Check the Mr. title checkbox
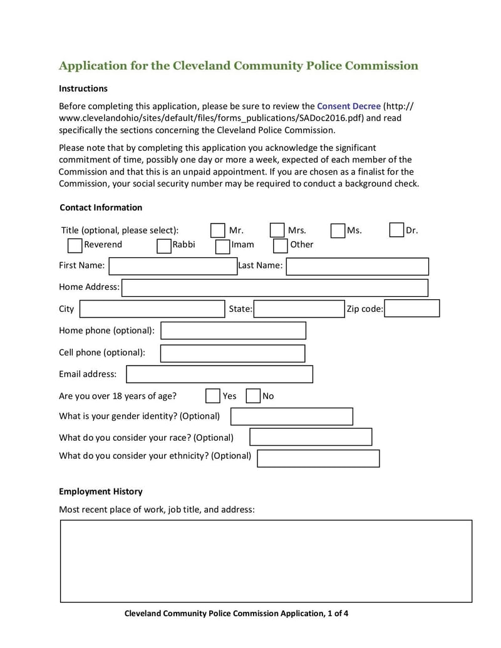pos(218,230)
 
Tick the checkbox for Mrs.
pos(277,230)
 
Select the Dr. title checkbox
pos(396,230)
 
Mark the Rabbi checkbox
pos(164,245)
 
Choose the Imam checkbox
pos(222,246)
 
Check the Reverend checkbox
pos(75,245)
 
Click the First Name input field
pos(173,266)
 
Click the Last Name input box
pos(357,266)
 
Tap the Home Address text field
pos(275,288)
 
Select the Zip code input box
pos(411,309)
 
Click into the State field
pos(299,309)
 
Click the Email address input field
pos(219,374)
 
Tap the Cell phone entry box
pos(232,353)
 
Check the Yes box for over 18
pos(213,396)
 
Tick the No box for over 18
pos(253,396)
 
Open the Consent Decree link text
pos(348,106)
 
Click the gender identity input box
pos(291,416)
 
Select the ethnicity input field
pos(318,458)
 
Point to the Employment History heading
pos(100,491)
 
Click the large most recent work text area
pos(266,561)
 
